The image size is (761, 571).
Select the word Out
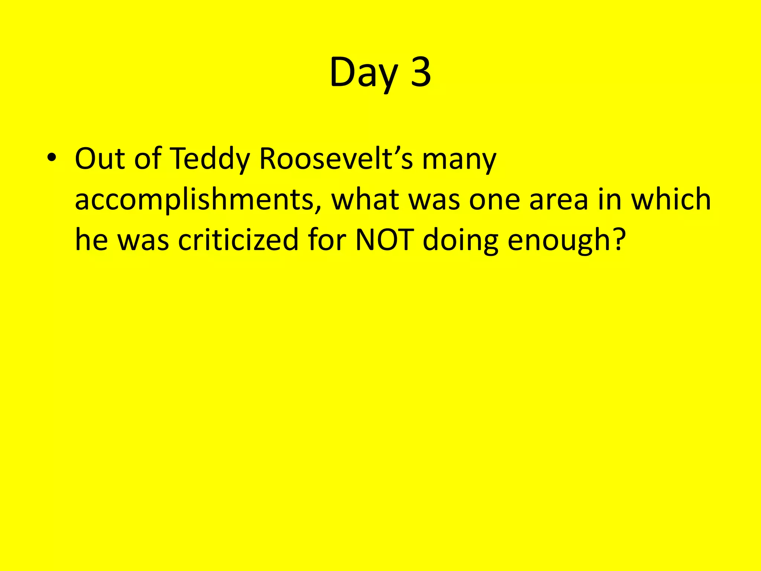click(100, 159)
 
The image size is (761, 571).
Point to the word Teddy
click(210, 159)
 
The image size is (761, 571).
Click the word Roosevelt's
click(336, 159)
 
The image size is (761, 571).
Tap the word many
click(459, 160)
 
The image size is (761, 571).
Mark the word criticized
click(238, 240)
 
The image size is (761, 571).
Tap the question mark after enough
click(618, 240)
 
